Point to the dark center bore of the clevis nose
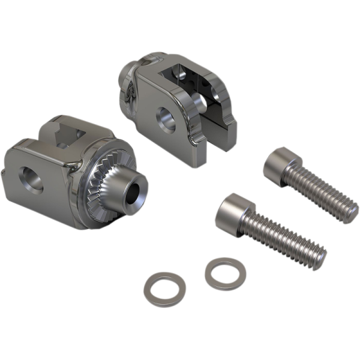point(133,194)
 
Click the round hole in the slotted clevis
point(166,119)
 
